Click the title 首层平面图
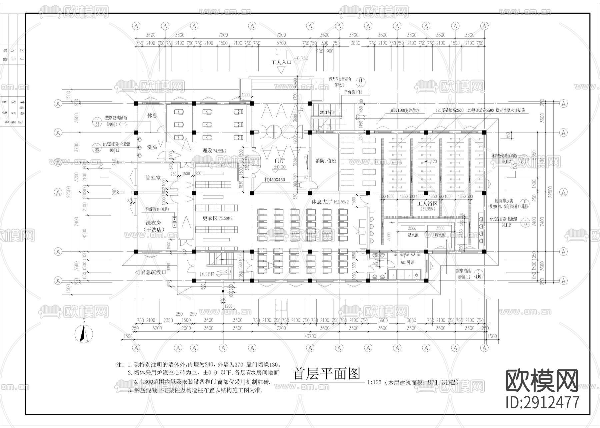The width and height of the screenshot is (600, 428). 326,374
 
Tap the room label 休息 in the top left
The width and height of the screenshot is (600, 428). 152,116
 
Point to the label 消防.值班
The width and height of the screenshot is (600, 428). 326,161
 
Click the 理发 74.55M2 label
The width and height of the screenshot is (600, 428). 214,151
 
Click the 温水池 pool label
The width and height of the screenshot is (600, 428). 412,235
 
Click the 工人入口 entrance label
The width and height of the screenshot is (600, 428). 281,62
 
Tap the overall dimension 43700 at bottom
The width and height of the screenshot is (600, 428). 310,336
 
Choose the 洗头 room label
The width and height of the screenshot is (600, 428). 152,147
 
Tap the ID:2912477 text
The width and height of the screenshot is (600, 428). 543,402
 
